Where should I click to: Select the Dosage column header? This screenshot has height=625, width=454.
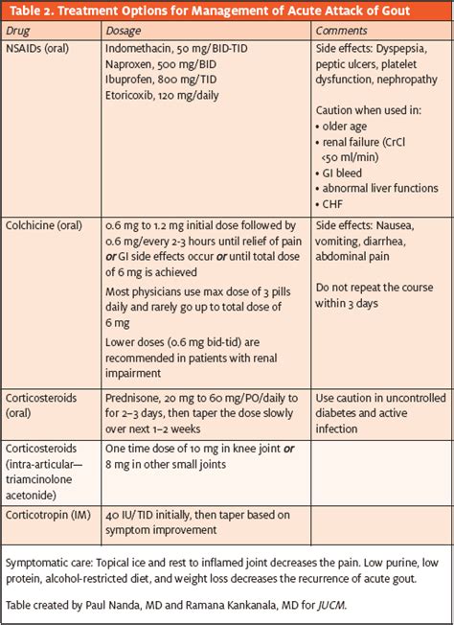(x=126, y=31)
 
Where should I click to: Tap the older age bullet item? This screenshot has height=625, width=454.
(x=349, y=125)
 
